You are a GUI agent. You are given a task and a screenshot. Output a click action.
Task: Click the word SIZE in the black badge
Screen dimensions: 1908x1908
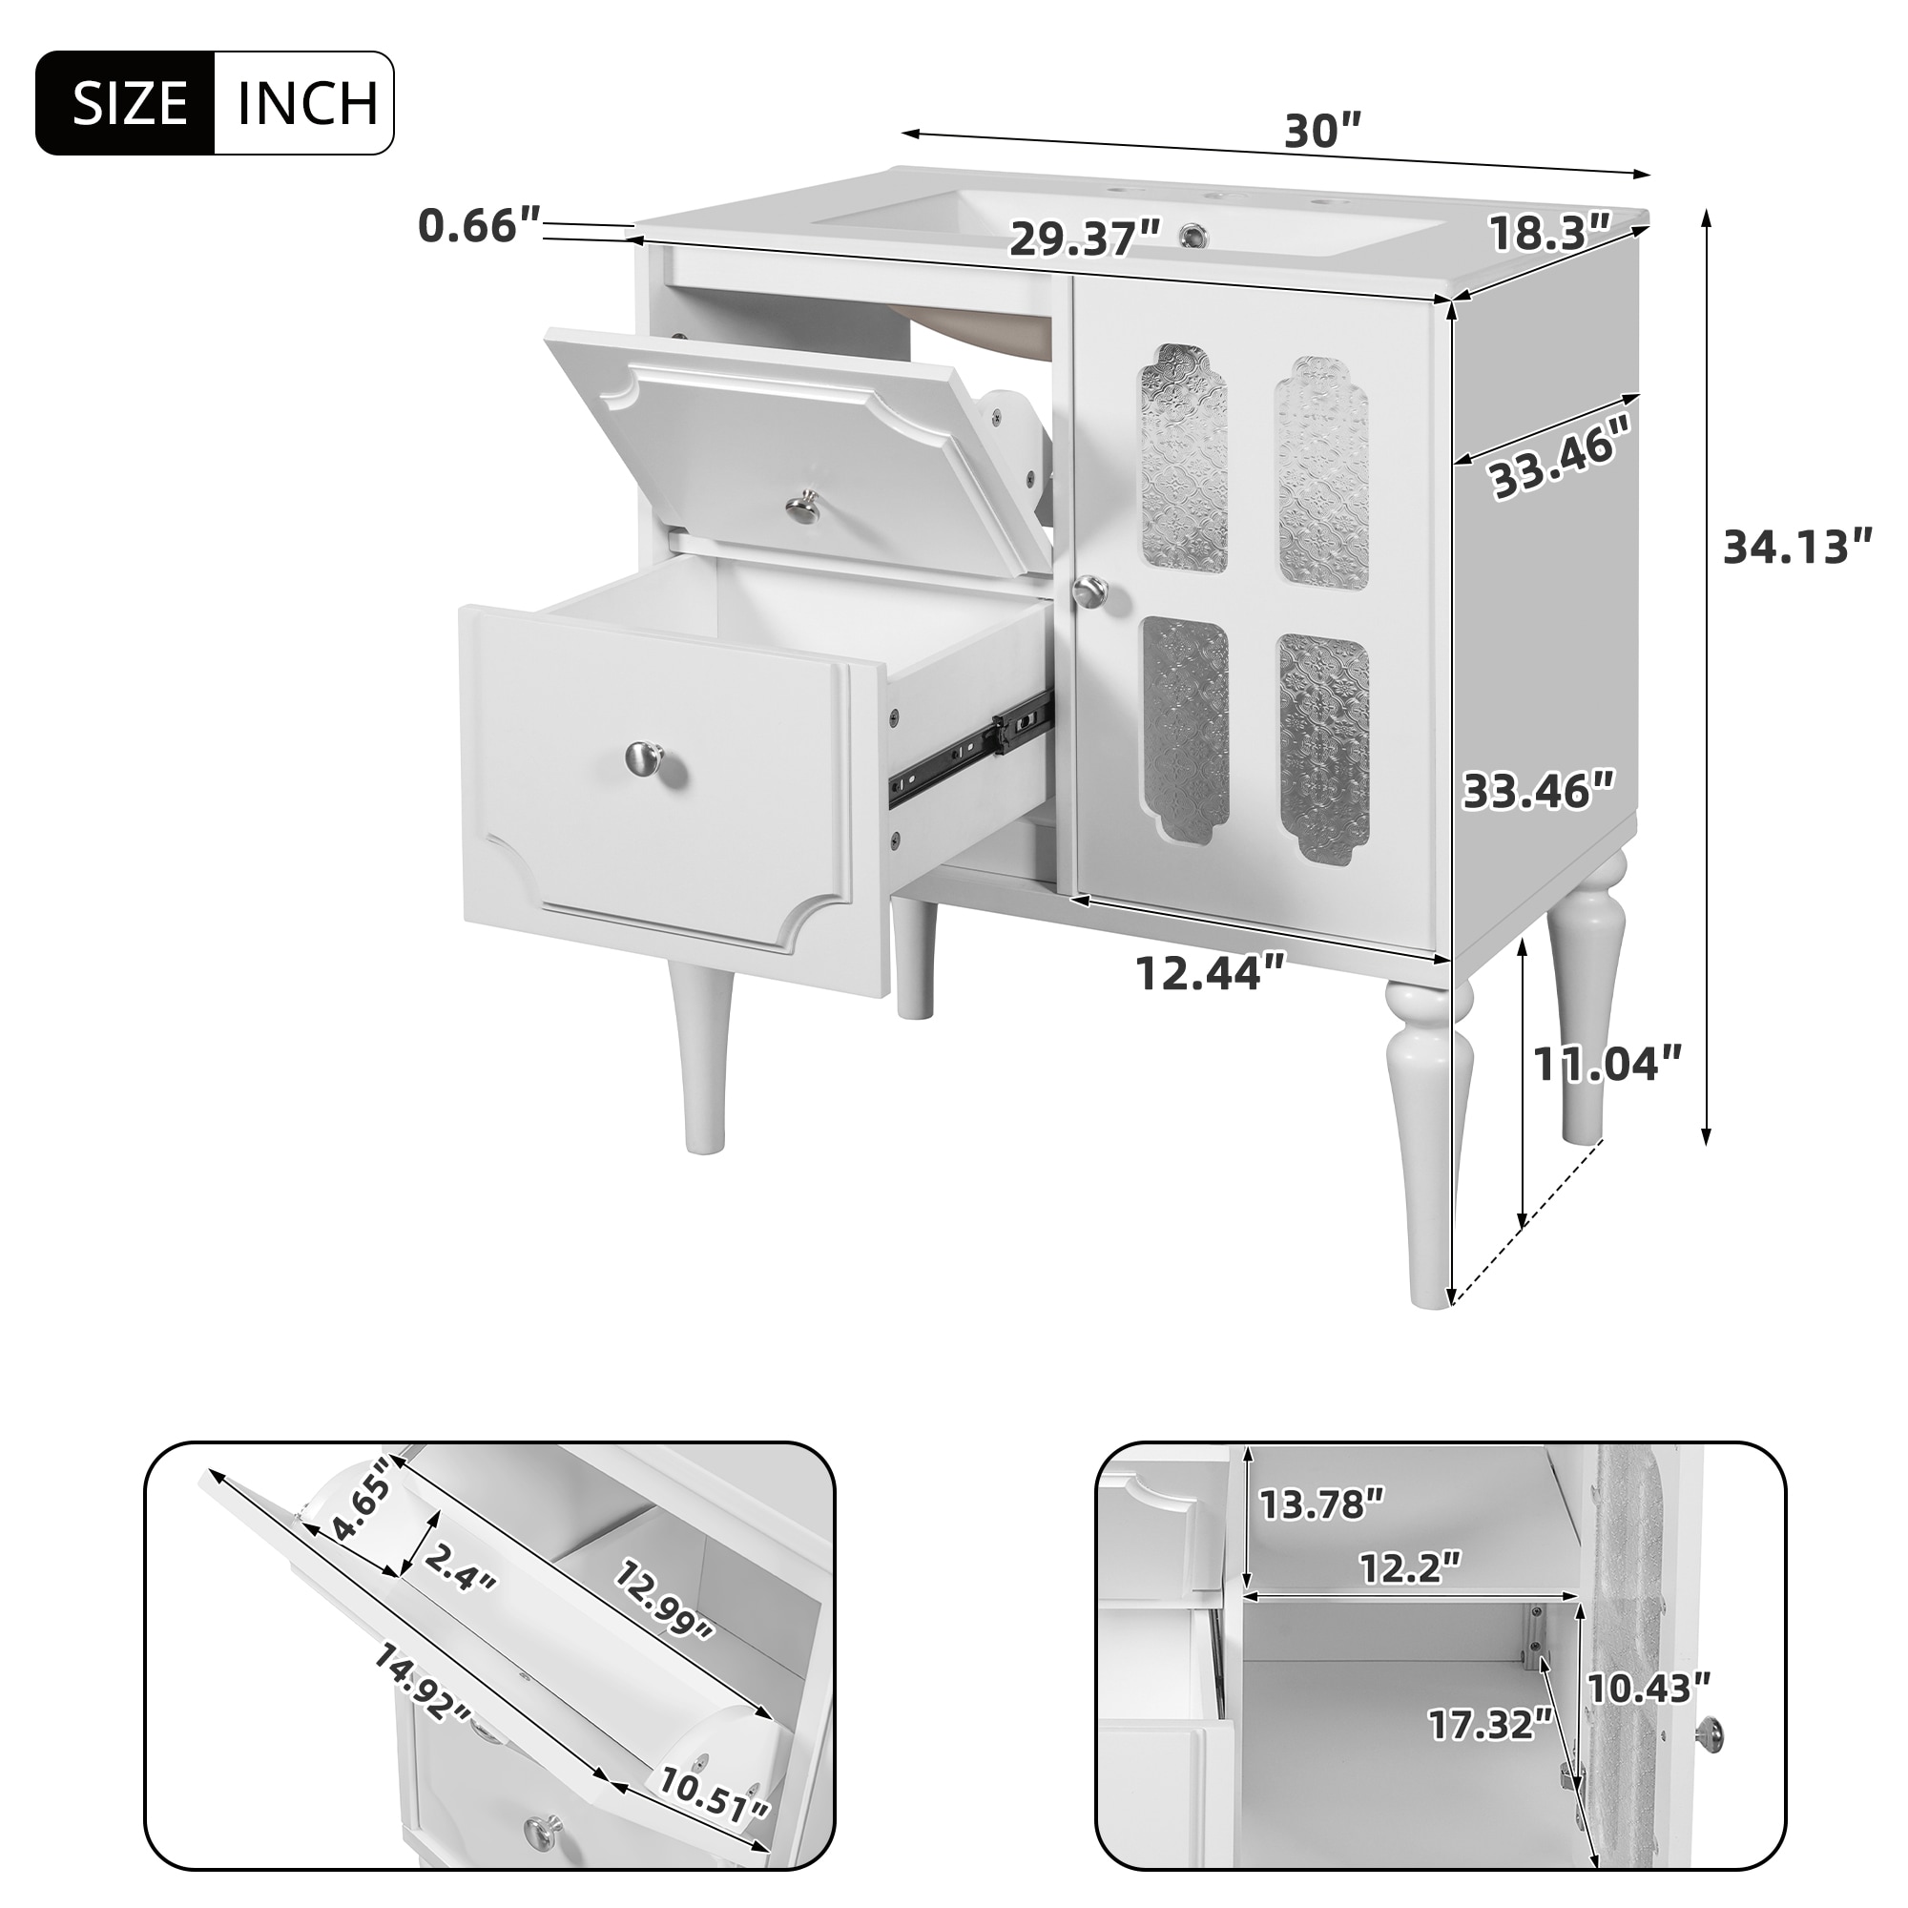(130, 104)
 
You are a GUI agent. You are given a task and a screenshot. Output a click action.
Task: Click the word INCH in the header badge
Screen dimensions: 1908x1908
(307, 104)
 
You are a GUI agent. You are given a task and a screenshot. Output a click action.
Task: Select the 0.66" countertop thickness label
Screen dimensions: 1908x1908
(479, 226)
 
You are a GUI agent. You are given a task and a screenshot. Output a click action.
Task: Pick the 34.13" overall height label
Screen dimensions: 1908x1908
(1796, 547)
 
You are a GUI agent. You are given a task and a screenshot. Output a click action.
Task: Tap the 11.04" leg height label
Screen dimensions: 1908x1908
(1606, 1064)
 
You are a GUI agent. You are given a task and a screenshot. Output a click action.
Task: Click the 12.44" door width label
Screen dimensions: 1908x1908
(1210, 973)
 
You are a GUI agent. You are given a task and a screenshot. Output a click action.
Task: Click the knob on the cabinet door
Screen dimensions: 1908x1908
(1090, 591)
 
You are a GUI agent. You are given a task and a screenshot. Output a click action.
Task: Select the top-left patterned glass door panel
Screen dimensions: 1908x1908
(1184, 457)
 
